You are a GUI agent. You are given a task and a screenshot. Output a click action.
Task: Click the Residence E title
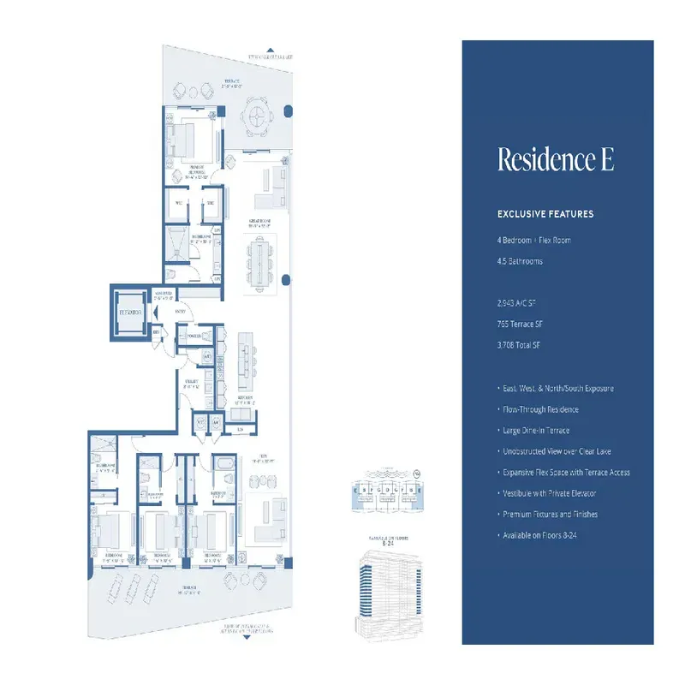[556, 160]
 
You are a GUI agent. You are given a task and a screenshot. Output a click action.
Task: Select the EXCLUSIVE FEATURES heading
[545, 214]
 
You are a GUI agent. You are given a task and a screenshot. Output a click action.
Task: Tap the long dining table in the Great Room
[259, 262]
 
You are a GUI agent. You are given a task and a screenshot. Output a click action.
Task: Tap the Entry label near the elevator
[181, 313]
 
